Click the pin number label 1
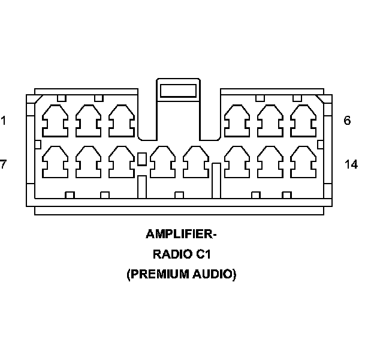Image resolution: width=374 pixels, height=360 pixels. pyautogui.click(x=4, y=121)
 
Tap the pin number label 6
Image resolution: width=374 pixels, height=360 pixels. pyautogui.click(x=347, y=121)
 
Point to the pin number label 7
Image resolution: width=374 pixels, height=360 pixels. pyautogui.click(x=3, y=164)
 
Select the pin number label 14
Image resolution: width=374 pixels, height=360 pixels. pyautogui.click(x=351, y=164)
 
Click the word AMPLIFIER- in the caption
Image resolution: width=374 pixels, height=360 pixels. pyautogui.click(x=180, y=233)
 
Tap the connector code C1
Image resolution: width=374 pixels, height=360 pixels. pyautogui.click(x=202, y=254)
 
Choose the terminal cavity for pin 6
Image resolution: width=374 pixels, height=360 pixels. pyautogui.click(x=302, y=121)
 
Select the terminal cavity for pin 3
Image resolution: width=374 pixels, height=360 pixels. pyautogui.click(x=121, y=121)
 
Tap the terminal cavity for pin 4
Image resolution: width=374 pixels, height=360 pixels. pyautogui.click(x=236, y=121)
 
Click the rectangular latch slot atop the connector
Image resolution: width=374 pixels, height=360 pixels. pyautogui.click(x=178, y=91)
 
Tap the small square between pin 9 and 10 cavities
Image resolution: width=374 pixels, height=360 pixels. pyautogui.click(x=142, y=159)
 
